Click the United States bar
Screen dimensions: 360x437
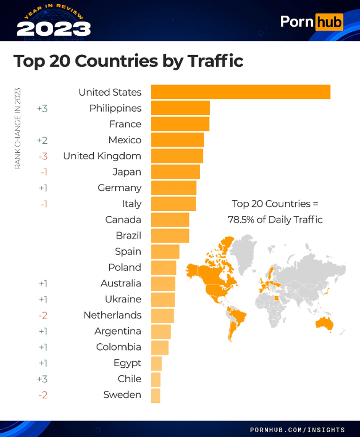pos(241,92)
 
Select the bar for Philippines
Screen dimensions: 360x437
pos(180,108)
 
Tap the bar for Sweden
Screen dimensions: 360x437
pos(156,396)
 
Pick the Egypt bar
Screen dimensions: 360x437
pos(156,363)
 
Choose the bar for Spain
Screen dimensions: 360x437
pos(165,252)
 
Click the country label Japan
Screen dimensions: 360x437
pos(127,172)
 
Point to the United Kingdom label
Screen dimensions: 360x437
pos(102,156)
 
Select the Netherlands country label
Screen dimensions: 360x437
pos(113,315)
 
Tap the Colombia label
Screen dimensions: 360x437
pos(119,347)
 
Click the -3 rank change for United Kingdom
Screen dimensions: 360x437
pos(43,157)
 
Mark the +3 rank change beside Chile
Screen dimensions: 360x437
pos(42,379)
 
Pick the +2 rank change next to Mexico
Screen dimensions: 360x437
pos(42,140)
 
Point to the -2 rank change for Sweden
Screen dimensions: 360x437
pos(43,395)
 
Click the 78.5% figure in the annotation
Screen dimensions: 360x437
pos(241,220)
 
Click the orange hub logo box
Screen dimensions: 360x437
pos(329,22)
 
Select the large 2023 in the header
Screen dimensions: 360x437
pos(54,29)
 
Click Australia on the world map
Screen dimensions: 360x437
pos(325,323)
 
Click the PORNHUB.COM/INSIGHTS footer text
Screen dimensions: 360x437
pos(297,430)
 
